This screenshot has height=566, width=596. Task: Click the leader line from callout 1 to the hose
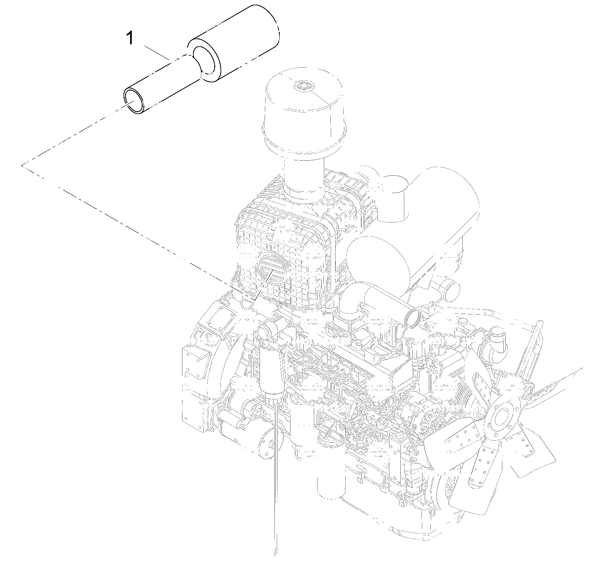point(157,53)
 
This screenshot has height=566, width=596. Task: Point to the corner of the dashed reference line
point(22,165)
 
